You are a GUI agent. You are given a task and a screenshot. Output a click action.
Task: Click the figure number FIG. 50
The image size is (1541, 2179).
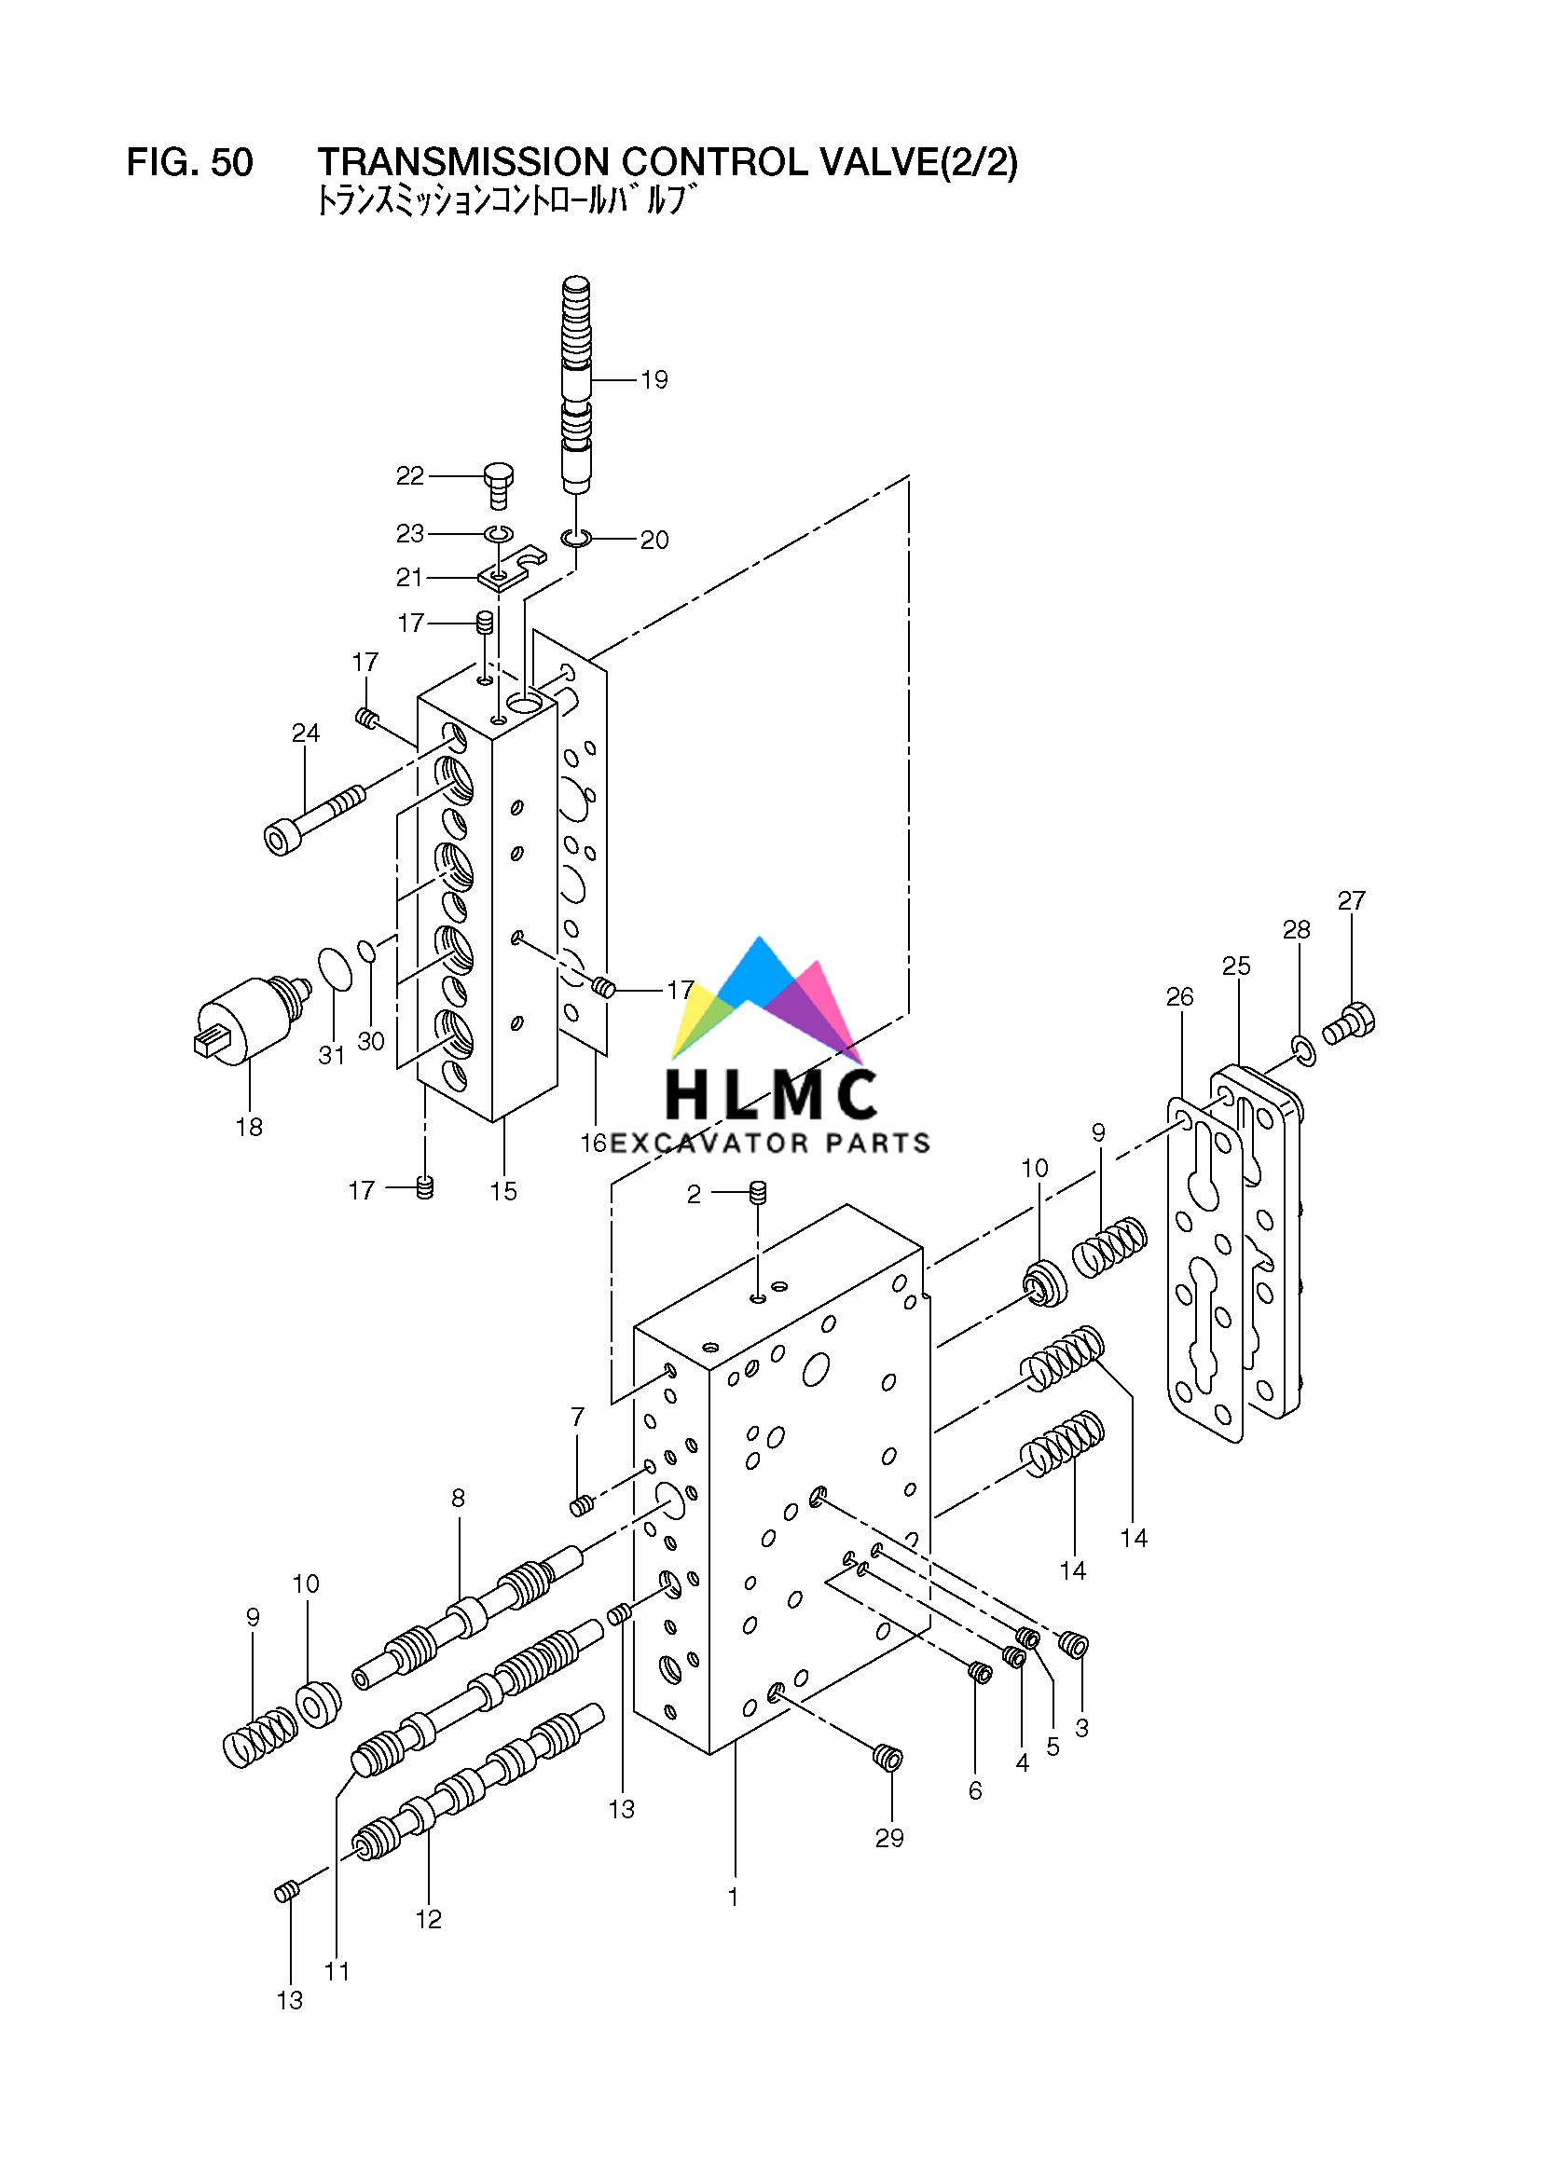pyautogui.click(x=190, y=162)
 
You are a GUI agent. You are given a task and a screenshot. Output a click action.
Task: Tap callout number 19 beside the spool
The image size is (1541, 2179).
pyautogui.click(x=654, y=379)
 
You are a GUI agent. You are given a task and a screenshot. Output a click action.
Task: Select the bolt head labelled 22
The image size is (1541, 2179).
pyautogui.click(x=499, y=473)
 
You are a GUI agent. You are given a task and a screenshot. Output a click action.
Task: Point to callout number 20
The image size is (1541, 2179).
pyautogui.click(x=654, y=540)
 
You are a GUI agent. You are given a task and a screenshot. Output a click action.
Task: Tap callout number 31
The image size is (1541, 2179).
pyautogui.click(x=330, y=1054)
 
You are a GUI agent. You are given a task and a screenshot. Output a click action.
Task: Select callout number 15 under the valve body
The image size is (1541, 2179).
pyautogui.click(x=503, y=1191)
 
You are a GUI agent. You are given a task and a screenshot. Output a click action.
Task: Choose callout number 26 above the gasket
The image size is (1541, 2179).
pyautogui.click(x=1179, y=996)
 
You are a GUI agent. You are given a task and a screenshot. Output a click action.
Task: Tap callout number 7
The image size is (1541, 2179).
pyautogui.click(x=577, y=1417)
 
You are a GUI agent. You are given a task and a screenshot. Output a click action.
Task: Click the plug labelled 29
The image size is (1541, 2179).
pyautogui.click(x=887, y=1759)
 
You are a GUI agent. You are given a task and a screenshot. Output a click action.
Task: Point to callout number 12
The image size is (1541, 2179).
pyautogui.click(x=428, y=1919)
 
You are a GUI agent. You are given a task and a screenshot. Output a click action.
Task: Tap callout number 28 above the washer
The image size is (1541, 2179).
pyautogui.click(x=1296, y=930)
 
